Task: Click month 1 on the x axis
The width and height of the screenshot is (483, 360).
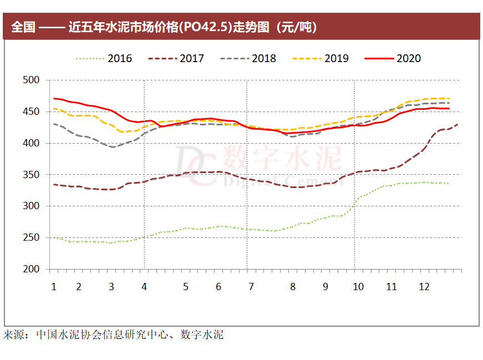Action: coord(54,287)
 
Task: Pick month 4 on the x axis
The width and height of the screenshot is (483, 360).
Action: coord(144,287)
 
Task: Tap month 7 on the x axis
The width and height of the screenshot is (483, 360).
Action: coord(251,287)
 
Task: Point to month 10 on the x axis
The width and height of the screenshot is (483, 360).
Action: coord(358,287)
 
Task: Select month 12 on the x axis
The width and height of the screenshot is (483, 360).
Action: coord(424,287)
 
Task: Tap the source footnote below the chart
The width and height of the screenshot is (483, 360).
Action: coord(114,334)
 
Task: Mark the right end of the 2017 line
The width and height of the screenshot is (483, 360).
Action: coord(457,124)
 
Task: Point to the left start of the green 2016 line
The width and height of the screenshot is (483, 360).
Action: coord(52,237)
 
